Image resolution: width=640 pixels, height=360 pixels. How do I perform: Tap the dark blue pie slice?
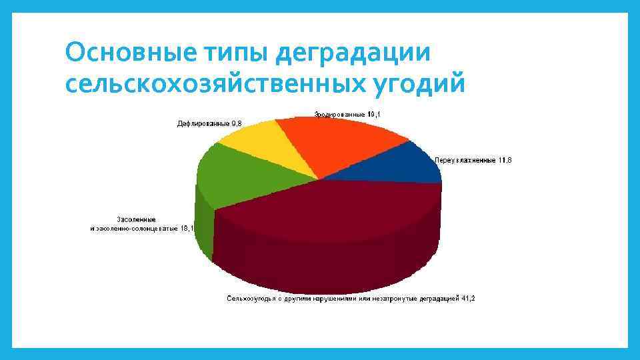tap(404, 165)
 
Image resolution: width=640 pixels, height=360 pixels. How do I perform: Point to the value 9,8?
tap(236, 123)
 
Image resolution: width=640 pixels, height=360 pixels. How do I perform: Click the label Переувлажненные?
tap(465, 161)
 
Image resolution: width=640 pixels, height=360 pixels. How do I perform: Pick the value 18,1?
tap(187, 228)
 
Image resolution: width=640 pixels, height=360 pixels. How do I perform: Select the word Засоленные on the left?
tap(137, 219)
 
